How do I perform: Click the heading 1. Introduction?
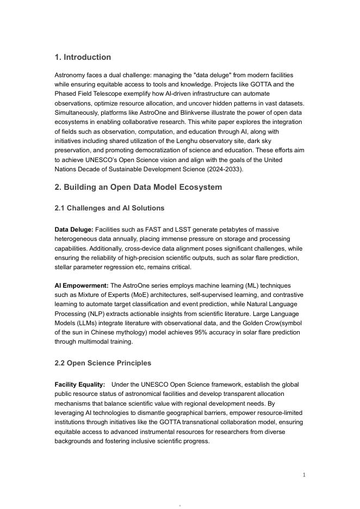tap(83, 57)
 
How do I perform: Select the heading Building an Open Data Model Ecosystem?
tap(138, 187)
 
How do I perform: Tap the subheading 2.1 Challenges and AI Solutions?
tap(109, 208)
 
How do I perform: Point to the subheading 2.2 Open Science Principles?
tap(103, 363)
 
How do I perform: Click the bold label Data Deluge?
tap(74, 229)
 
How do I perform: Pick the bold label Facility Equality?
tap(80, 384)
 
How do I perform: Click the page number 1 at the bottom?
tap(304, 475)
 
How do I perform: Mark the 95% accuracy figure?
tap(203, 332)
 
